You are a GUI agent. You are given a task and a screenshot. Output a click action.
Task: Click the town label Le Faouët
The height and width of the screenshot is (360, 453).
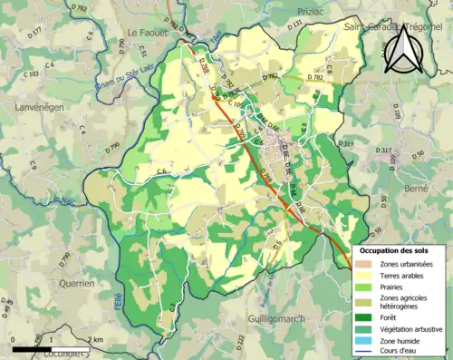(143, 33)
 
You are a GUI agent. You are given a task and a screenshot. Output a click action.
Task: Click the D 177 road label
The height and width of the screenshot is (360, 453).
(35, 32)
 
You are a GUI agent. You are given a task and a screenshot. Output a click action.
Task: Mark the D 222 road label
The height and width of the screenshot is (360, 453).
(241, 341)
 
